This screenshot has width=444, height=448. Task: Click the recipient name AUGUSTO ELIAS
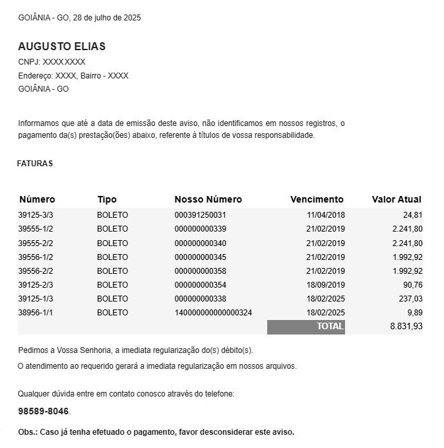click(61, 47)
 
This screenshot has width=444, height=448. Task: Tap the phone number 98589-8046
click(44, 412)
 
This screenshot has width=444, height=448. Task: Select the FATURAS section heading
click(35, 164)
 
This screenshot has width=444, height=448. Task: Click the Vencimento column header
click(317, 199)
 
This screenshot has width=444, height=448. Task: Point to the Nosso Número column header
click(208, 199)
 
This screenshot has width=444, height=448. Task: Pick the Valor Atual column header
click(396, 199)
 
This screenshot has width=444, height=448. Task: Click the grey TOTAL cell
click(306, 327)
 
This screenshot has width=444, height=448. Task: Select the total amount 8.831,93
click(406, 327)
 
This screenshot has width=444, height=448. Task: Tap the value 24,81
click(412, 215)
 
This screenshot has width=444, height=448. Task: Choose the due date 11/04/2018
click(325, 215)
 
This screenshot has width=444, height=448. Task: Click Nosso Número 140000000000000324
click(213, 313)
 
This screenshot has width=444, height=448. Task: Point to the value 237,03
click(410, 299)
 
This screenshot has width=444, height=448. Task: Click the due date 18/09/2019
click(325, 285)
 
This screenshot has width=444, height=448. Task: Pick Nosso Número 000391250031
click(201, 215)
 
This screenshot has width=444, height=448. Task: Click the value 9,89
click(415, 313)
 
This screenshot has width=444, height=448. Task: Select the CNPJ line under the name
click(51, 62)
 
